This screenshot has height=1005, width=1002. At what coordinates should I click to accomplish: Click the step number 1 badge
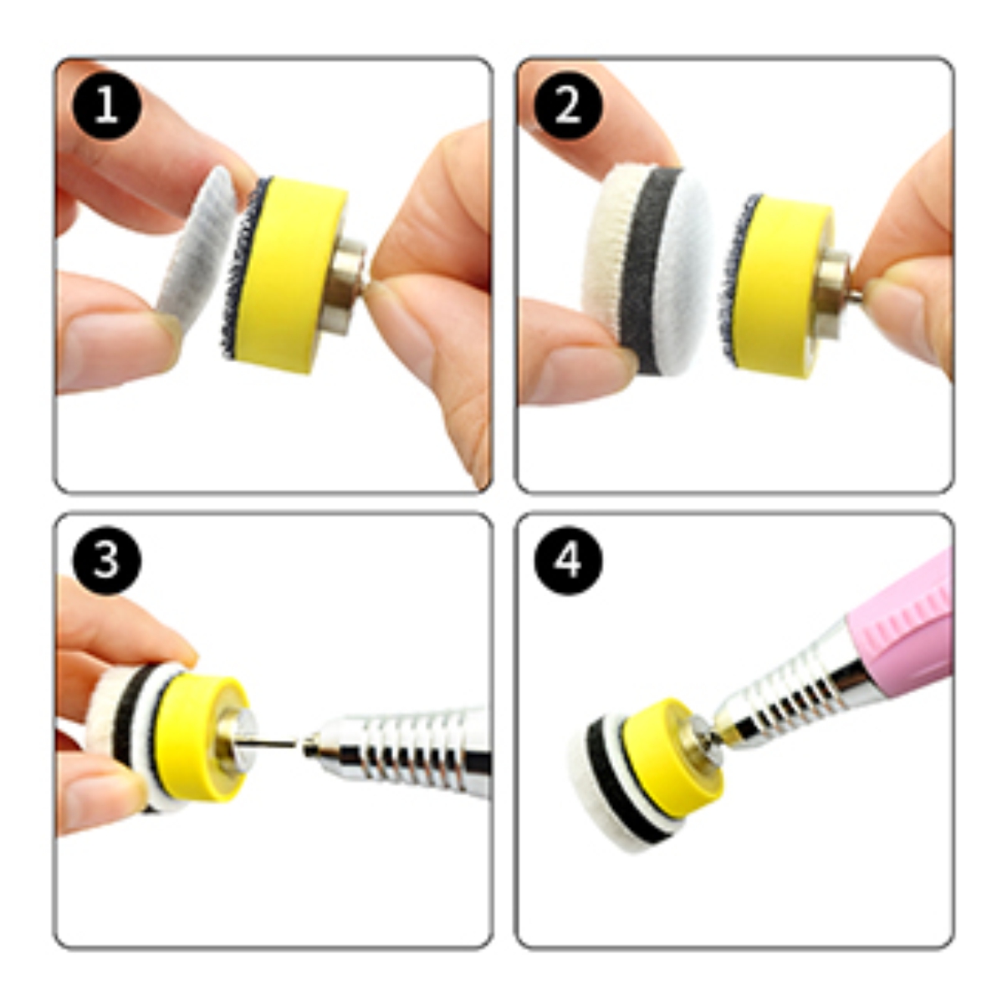pos(106,106)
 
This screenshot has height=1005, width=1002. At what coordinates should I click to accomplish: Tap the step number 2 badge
pos(568,106)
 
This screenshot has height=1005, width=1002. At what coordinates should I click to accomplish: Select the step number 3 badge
pos(106,559)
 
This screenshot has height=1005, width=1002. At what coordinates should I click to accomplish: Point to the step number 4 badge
pos(568,559)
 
